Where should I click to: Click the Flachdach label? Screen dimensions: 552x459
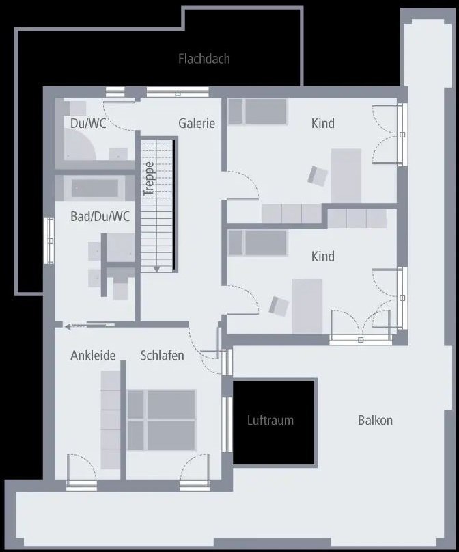204,59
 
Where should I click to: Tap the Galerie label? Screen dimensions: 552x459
197,124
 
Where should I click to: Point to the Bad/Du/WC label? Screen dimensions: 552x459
100,217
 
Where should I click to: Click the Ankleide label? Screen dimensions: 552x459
93,356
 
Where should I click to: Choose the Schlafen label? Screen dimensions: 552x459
163,356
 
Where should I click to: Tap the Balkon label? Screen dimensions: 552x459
375,420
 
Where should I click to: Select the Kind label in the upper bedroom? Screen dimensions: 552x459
323,124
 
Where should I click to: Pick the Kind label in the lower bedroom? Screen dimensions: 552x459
323,257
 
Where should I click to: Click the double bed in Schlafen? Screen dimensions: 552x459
162,419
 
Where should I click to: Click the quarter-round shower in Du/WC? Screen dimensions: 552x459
79,145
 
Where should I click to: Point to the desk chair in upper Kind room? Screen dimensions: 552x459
317,176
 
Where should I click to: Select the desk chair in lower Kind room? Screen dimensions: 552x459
279,306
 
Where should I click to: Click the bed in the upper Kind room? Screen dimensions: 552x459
258,111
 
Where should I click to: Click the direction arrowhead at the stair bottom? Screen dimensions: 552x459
156,269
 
